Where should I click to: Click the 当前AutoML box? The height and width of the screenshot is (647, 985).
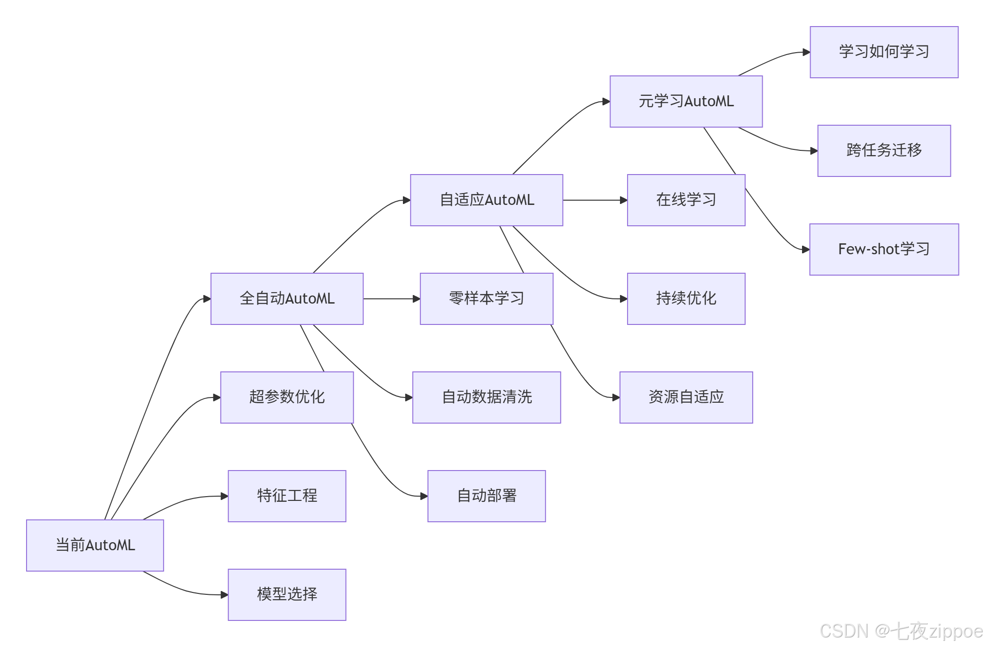click(95, 545)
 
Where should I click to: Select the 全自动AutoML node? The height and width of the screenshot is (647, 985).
click(287, 298)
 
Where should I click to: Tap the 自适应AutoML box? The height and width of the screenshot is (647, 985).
click(486, 200)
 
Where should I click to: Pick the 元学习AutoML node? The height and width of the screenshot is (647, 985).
click(686, 101)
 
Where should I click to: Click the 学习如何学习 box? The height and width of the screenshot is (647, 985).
click(884, 52)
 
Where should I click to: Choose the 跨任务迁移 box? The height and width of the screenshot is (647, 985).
click(884, 150)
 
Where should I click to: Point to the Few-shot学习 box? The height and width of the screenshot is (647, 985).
click(884, 249)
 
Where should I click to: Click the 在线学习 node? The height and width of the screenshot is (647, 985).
click(686, 200)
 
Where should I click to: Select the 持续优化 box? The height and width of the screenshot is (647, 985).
click(686, 298)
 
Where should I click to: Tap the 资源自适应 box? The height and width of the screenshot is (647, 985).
click(686, 397)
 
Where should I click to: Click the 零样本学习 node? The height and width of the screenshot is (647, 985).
click(486, 298)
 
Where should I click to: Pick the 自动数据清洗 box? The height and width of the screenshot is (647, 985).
click(486, 397)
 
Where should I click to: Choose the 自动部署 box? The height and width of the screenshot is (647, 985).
click(486, 496)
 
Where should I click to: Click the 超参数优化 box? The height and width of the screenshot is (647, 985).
click(287, 397)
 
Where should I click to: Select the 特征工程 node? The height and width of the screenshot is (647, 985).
click(287, 496)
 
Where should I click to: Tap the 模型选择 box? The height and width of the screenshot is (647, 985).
click(287, 594)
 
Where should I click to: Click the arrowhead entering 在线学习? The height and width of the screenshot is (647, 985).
click(624, 200)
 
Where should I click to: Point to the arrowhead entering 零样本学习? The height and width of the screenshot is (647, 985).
click(417, 299)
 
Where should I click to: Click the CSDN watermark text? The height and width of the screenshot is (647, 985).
click(901, 631)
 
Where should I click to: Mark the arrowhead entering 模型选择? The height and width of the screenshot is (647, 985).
click(225, 594)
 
